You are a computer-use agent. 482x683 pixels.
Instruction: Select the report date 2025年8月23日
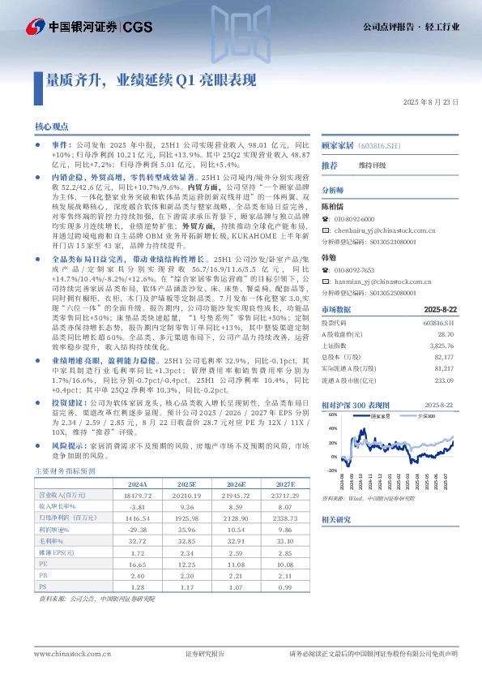[x=431, y=102]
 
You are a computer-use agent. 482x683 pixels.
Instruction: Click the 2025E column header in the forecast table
[x=186, y=483]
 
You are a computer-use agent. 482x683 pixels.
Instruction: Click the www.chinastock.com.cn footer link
[x=67, y=653]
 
